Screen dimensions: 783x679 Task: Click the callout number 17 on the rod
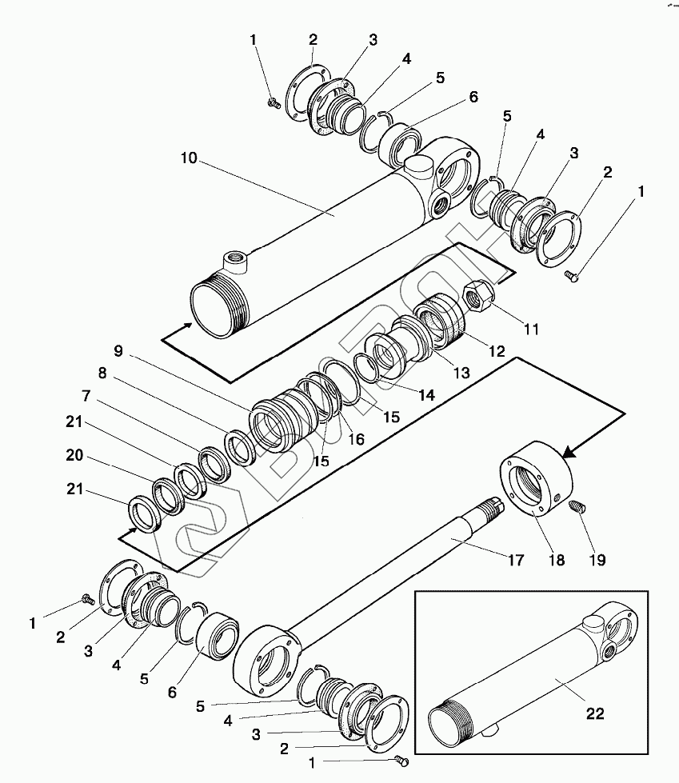516,561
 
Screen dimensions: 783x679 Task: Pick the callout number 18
556,561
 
